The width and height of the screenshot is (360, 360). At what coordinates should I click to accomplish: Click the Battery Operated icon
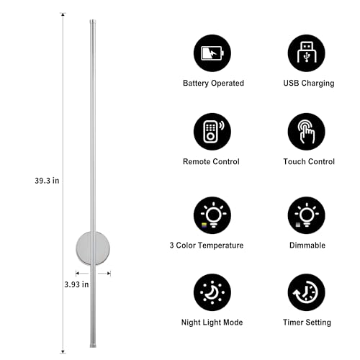pyautogui.click(x=212, y=53)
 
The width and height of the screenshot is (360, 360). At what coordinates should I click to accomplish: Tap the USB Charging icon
pyautogui.click(x=306, y=53)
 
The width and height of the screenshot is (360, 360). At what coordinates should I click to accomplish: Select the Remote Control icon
pyautogui.click(x=212, y=132)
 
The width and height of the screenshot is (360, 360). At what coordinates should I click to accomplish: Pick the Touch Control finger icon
pyautogui.click(x=306, y=132)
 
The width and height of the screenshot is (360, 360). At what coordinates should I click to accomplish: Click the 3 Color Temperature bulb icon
pyautogui.click(x=212, y=215)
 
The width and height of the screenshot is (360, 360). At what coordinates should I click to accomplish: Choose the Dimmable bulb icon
pyautogui.click(x=306, y=215)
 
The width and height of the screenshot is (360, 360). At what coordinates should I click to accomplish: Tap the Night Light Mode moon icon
pyautogui.click(x=212, y=292)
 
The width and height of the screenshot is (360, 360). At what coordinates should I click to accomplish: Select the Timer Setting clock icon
pyautogui.click(x=306, y=292)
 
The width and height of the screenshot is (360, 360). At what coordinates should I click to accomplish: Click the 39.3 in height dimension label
pyautogui.click(x=47, y=181)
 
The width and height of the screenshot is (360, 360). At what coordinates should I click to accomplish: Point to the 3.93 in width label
pyautogui.click(x=76, y=284)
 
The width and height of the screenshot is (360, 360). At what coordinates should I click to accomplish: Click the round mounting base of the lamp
pyautogui.click(x=93, y=248)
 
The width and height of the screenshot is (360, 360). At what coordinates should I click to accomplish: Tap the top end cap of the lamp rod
pyautogui.click(x=93, y=22)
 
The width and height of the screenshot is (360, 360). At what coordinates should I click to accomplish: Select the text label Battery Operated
pyautogui.click(x=213, y=84)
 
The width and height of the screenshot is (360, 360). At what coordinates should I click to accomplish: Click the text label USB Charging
pyautogui.click(x=309, y=84)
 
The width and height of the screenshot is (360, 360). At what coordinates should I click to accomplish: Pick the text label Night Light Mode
pyautogui.click(x=212, y=323)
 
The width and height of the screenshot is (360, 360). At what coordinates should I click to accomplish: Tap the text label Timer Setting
pyautogui.click(x=307, y=323)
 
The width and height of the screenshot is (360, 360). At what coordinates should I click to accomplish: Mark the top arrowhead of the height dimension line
pyautogui.click(x=63, y=14)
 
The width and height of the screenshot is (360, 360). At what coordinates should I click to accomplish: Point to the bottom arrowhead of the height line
pyautogui.click(x=63, y=352)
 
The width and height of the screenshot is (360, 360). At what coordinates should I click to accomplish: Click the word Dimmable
pyautogui.click(x=307, y=246)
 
